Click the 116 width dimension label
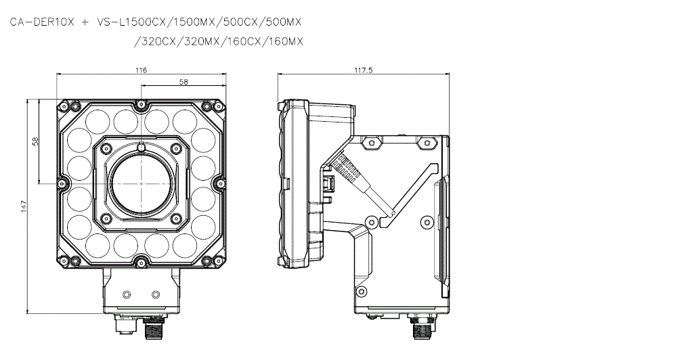141,70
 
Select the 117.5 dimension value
364,70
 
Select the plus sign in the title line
84,22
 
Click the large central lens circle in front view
141,183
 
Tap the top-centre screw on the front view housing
141,104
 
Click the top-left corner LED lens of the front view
93,120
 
